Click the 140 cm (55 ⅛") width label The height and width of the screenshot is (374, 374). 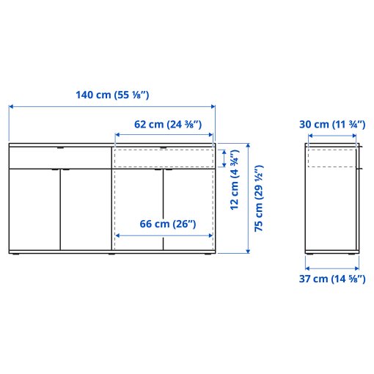tap(112, 95)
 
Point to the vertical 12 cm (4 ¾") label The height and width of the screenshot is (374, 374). tap(235, 180)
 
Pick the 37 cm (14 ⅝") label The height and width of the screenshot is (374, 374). tap(332, 279)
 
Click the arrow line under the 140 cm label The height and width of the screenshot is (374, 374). tap(112, 107)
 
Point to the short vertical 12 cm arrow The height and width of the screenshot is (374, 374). tap(224, 158)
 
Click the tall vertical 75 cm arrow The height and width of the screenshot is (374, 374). tap(248, 198)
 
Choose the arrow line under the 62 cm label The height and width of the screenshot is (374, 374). tap(164, 135)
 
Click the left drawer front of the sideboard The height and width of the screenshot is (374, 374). tap(59, 157)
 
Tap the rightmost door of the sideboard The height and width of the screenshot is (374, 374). tap(189, 210)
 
